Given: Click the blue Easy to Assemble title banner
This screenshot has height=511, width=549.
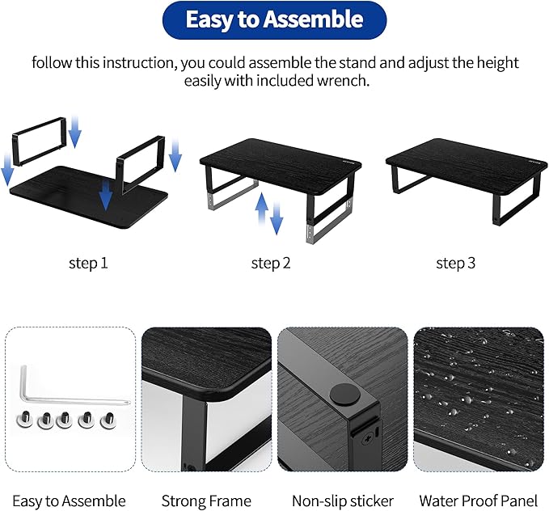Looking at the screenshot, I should tap(274, 20).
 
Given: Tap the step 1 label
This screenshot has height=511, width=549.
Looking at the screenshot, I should tap(89, 263).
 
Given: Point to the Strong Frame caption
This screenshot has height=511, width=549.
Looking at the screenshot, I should tap(206, 501).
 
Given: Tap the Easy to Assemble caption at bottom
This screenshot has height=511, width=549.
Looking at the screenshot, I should tap(69, 501).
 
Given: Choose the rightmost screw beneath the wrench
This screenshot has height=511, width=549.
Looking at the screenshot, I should tap(106, 421).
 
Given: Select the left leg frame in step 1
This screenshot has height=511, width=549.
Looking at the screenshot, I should tap(40, 142).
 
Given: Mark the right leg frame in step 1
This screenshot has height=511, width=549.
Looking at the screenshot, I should tap(142, 158).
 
